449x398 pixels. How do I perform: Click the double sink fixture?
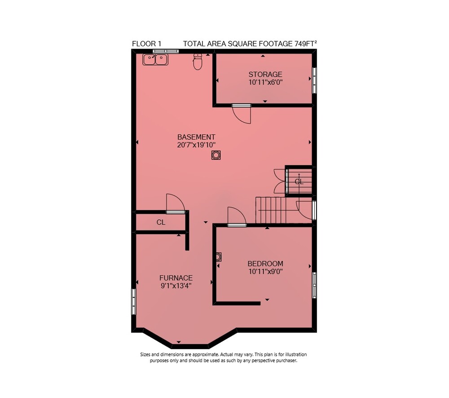[x=155, y=60]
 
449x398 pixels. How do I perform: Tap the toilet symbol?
[x=198, y=62]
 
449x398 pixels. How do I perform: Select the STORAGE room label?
[x=265, y=75]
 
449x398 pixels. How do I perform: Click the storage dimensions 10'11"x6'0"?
[x=265, y=83]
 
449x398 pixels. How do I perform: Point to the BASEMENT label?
[x=196, y=137]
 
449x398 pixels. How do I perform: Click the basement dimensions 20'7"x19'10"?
[x=196, y=145]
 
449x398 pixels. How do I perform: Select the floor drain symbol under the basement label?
[x=216, y=155]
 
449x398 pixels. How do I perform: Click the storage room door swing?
[x=242, y=115]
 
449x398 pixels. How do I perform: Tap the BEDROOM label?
[x=265, y=264]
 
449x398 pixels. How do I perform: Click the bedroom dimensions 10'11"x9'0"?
[x=265, y=271]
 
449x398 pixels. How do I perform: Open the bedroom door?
[x=237, y=217]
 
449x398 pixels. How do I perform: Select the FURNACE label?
[x=176, y=278]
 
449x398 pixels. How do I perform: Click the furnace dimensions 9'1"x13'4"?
[x=176, y=286]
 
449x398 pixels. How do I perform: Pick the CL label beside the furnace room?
[x=161, y=222]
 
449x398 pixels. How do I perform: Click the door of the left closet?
[x=176, y=203]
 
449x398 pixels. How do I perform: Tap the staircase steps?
[x=271, y=210]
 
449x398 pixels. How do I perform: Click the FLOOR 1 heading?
[x=147, y=44]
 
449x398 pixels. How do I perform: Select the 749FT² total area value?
[x=305, y=44]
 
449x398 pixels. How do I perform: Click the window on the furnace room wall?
[x=133, y=301]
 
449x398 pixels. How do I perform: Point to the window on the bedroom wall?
[x=314, y=285]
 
